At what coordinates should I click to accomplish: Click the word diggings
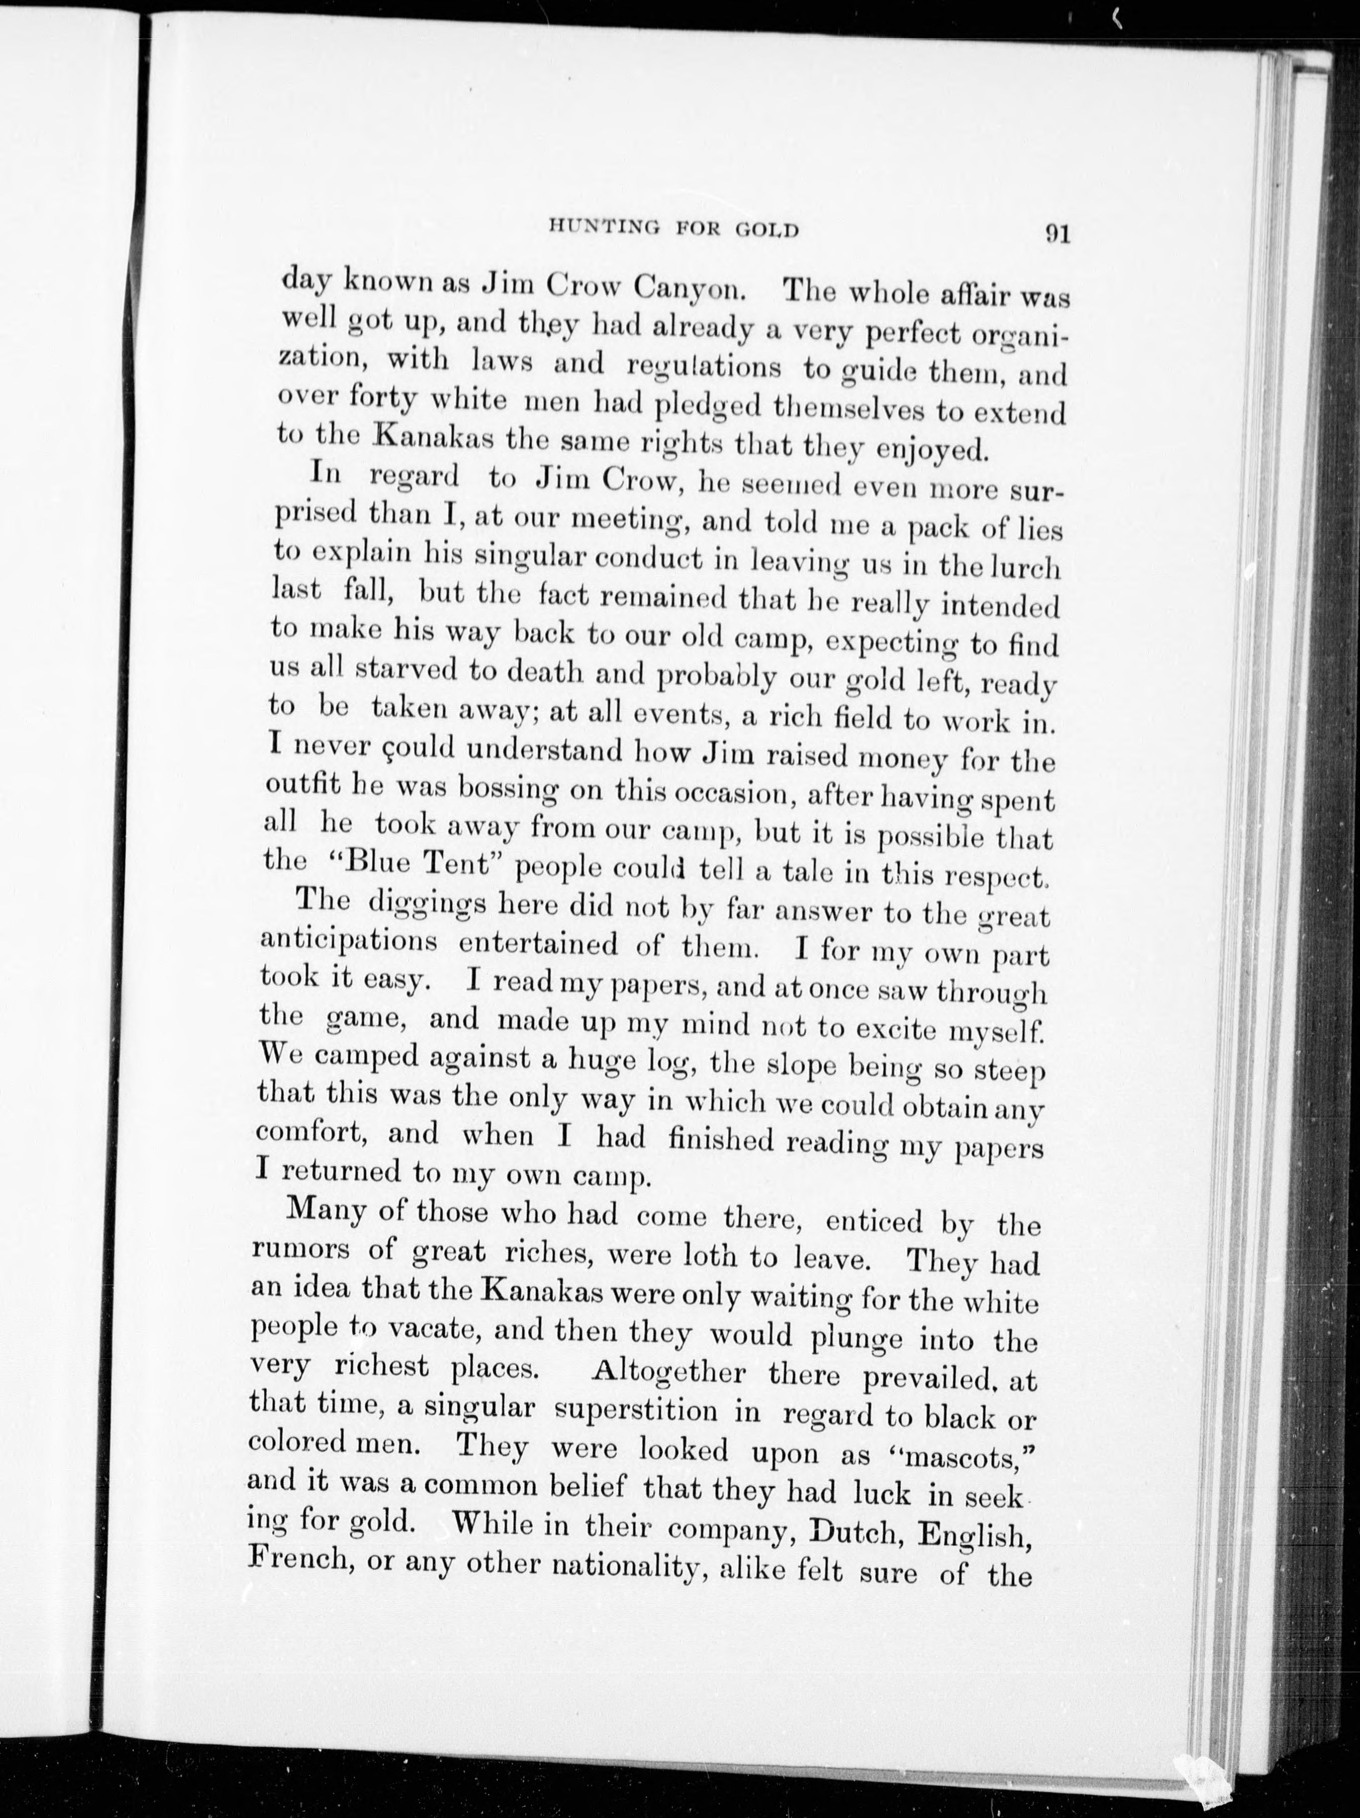coord(424,904)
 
